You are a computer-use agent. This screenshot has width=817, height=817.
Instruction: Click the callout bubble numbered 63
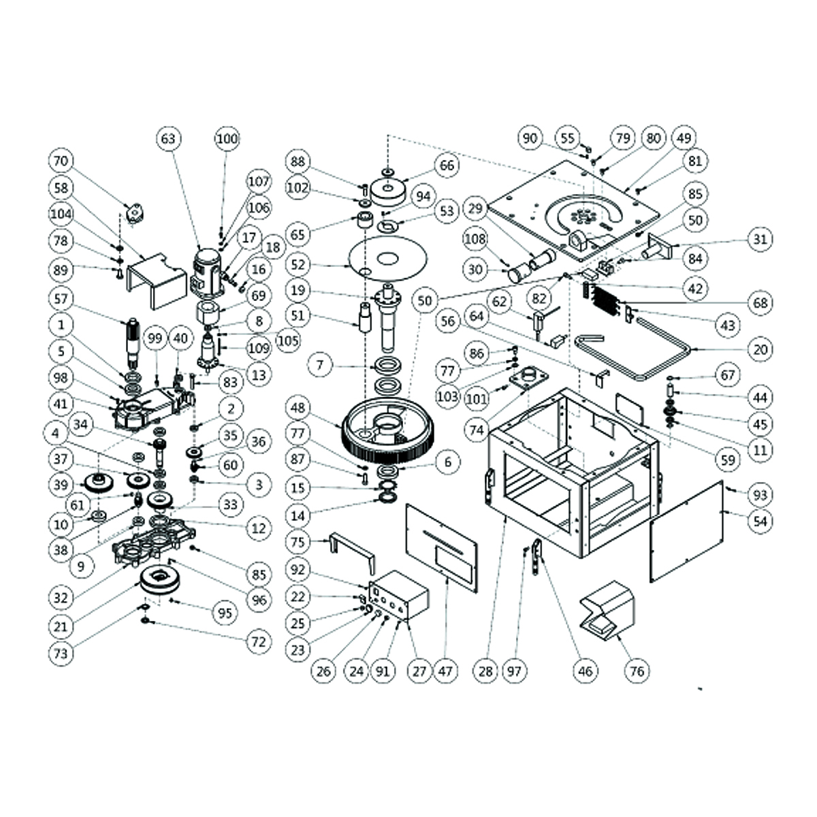[168, 139]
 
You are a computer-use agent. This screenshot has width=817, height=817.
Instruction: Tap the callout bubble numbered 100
[227, 139]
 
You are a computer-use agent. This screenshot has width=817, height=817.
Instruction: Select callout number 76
[637, 671]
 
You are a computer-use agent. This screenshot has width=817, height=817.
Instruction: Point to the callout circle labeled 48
[298, 408]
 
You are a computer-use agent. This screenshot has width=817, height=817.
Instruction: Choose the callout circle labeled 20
[760, 350]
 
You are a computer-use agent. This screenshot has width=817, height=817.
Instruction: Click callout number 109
[259, 349]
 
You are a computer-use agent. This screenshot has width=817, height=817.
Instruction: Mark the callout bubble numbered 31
[760, 240]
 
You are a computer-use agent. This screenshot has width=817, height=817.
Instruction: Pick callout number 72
[259, 641]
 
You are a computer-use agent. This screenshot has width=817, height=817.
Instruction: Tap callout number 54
[760, 521]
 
